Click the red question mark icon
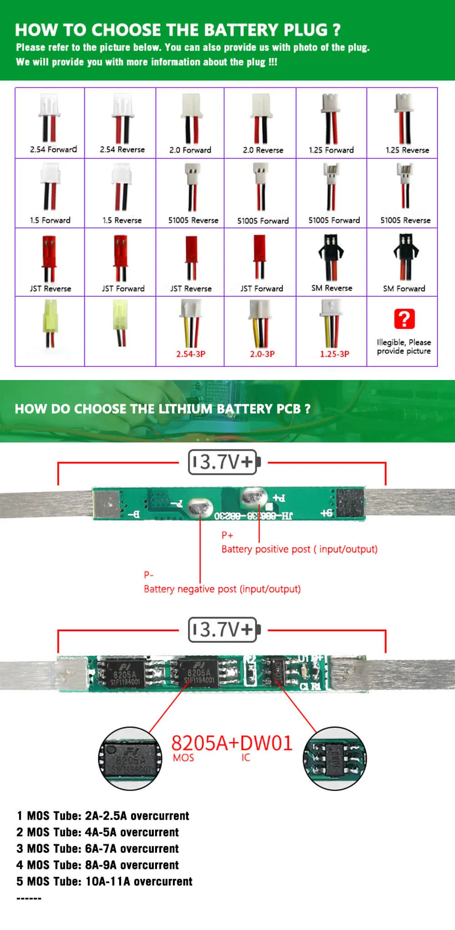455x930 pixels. click(x=404, y=319)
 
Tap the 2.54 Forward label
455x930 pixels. click(x=53, y=149)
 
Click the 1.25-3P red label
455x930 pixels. click(x=334, y=354)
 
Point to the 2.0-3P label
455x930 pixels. click(x=262, y=354)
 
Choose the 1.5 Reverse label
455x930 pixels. click(x=122, y=221)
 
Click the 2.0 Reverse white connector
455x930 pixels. click(x=261, y=106)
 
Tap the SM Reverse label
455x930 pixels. click(x=332, y=288)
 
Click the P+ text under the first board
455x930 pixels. click(x=227, y=535)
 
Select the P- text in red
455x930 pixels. click(x=148, y=575)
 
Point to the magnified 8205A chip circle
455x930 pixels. click(x=131, y=759)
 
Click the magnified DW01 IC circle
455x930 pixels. click(x=334, y=759)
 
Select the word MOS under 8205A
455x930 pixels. click(x=183, y=758)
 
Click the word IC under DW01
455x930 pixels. click(x=246, y=758)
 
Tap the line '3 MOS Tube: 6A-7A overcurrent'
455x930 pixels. click(x=97, y=849)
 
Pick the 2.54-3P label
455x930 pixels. click(x=191, y=354)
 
